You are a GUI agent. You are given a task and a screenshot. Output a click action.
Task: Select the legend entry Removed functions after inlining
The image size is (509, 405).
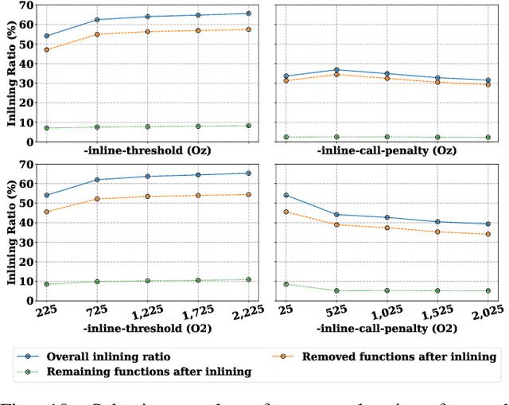tap(399, 356)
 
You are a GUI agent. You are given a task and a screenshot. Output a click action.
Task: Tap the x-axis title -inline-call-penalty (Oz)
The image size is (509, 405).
tap(387, 151)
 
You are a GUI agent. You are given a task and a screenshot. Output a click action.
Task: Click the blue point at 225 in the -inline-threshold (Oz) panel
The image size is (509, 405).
tap(46, 36)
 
